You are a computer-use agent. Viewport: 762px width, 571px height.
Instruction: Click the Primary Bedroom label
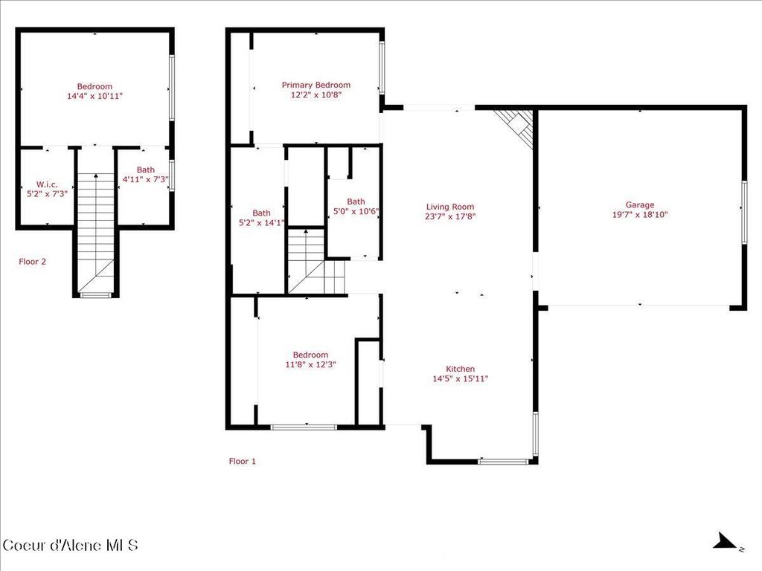pyautogui.click(x=316, y=85)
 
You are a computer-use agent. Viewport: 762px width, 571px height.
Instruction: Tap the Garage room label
pyautogui.click(x=639, y=204)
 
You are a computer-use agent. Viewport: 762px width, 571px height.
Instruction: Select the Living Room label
pyautogui.click(x=449, y=207)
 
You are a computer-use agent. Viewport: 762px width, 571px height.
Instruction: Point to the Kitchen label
pyautogui.click(x=460, y=369)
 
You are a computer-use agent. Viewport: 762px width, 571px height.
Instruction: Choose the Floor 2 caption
pyautogui.click(x=33, y=262)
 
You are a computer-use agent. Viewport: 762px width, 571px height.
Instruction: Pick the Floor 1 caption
pyautogui.click(x=242, y=461)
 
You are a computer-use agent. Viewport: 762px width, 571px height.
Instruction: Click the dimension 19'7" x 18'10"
pyautogui.click(x=639, y=215)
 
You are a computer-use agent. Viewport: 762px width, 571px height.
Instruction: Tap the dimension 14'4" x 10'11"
pyautogui.click(x=95, y=96)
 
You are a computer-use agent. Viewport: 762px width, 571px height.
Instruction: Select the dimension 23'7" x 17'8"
pyautogui.click(x=449, y=217)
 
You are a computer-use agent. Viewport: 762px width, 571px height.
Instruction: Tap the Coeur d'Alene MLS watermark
pyautogui.click(x=71, y=545)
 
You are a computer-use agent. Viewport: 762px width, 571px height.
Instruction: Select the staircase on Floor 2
pyautogui.click(x=95, y=230)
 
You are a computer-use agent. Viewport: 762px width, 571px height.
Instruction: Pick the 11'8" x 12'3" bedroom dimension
pyautogui.click(x=310, y=364)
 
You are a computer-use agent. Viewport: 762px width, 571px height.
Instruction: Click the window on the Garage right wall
pyautogui.click(x=743, y=211)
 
